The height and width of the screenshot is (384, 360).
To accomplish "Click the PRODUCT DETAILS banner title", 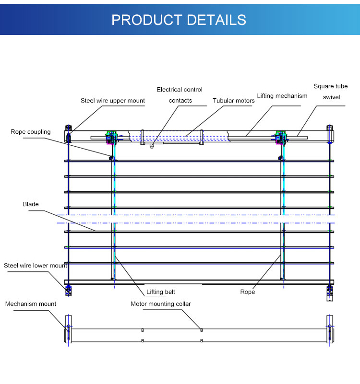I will pyautogui.click(x=179, y=20).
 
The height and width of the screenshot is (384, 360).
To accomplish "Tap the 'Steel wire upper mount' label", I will pyautogui.click(x=112, y=101).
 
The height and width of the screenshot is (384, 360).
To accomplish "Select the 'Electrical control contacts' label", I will pyautogui.click(x=180, y=95).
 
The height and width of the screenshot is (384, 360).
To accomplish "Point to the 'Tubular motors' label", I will pyautogui.click(x=234, y=101).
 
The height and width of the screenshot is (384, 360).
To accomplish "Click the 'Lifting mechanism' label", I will pyautogui.click(x=282, y=96).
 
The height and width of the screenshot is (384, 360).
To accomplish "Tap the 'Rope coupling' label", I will pyautogui.click(x=30, y=131).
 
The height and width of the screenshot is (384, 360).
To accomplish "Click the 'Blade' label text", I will pyautogui.click(x=31, y=204).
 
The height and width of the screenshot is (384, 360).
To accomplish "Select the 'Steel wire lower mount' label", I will pyautogui.click(x=36, y=265).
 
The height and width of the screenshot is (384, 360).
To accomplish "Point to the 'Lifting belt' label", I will pyautogui.click(x=161, y=291).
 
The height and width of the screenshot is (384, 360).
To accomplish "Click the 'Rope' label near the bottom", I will pyautogui.click(x=248, y=291).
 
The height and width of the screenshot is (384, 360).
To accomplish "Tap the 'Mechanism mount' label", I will pyautogui.click(x=31, y=304).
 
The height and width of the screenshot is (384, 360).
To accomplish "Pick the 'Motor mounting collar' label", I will pyautogui.click(x=161, y=304).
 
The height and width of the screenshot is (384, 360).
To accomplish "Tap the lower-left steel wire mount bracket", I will pyautogui.click(x=69, y=289).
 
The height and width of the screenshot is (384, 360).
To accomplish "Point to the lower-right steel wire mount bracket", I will pyautogui.click(x=330, y=291).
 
